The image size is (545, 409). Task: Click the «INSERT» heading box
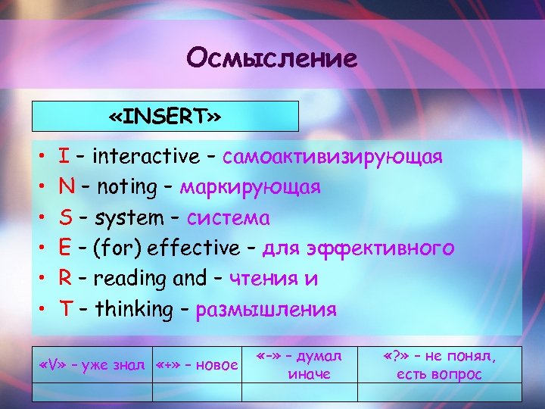165,117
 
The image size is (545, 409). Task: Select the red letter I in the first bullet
64,157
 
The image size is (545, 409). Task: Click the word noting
126,187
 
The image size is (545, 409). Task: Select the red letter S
65,218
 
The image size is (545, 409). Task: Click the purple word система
228,218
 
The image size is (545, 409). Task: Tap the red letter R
65,279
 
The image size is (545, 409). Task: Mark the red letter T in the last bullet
65,309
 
